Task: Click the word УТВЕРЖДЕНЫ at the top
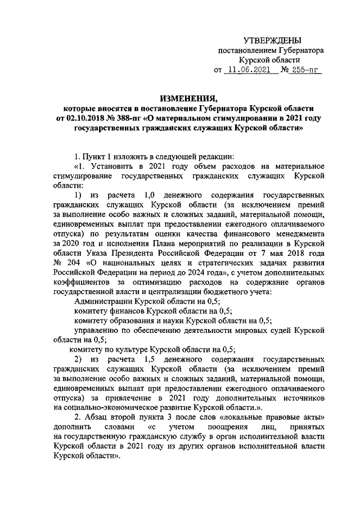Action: click(x=272, y=40)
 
